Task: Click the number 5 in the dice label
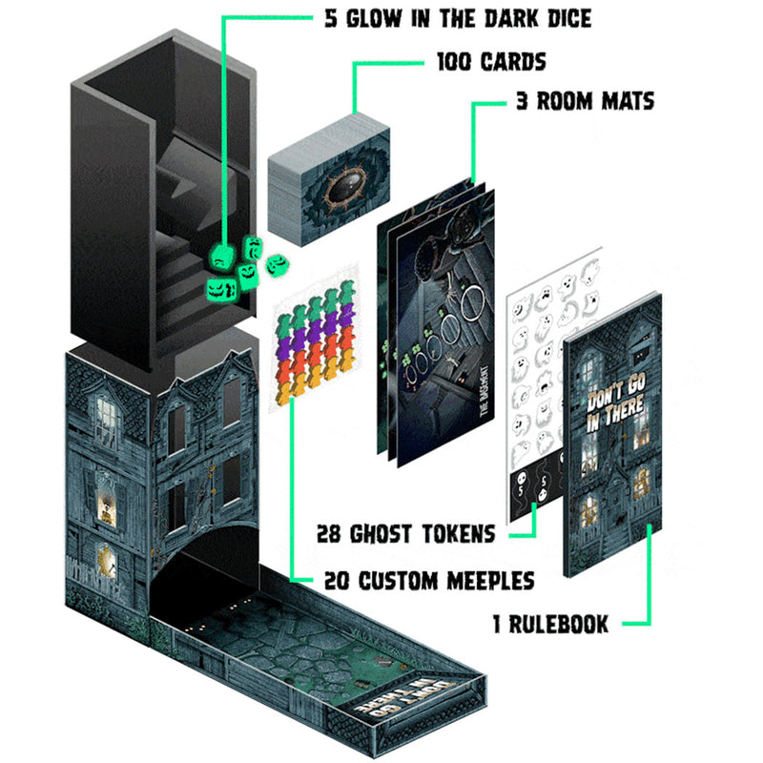point(331,19)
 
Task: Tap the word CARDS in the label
point(513,62)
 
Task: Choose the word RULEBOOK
point(559,625)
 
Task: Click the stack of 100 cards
point(329,180)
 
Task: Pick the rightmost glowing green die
point(278,265)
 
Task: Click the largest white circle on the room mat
point(472,302)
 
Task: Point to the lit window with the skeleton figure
point(107,507)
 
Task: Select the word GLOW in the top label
point(374,19)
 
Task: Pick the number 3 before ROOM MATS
point(523,101)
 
